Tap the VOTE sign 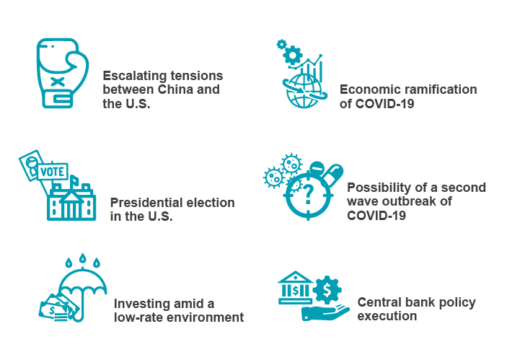[x=53, y=172]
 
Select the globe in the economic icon [x=304, y=91]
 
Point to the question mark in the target [x=309, y=194]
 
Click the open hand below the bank [x=325, y=313]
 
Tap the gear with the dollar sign [x=327, y=290]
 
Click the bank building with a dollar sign [x=295, y=288]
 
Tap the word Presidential [x=146, y=203]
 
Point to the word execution [x=387, y=316]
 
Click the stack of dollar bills [x=58, y=308]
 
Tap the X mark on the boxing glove [x=58, y=82]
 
